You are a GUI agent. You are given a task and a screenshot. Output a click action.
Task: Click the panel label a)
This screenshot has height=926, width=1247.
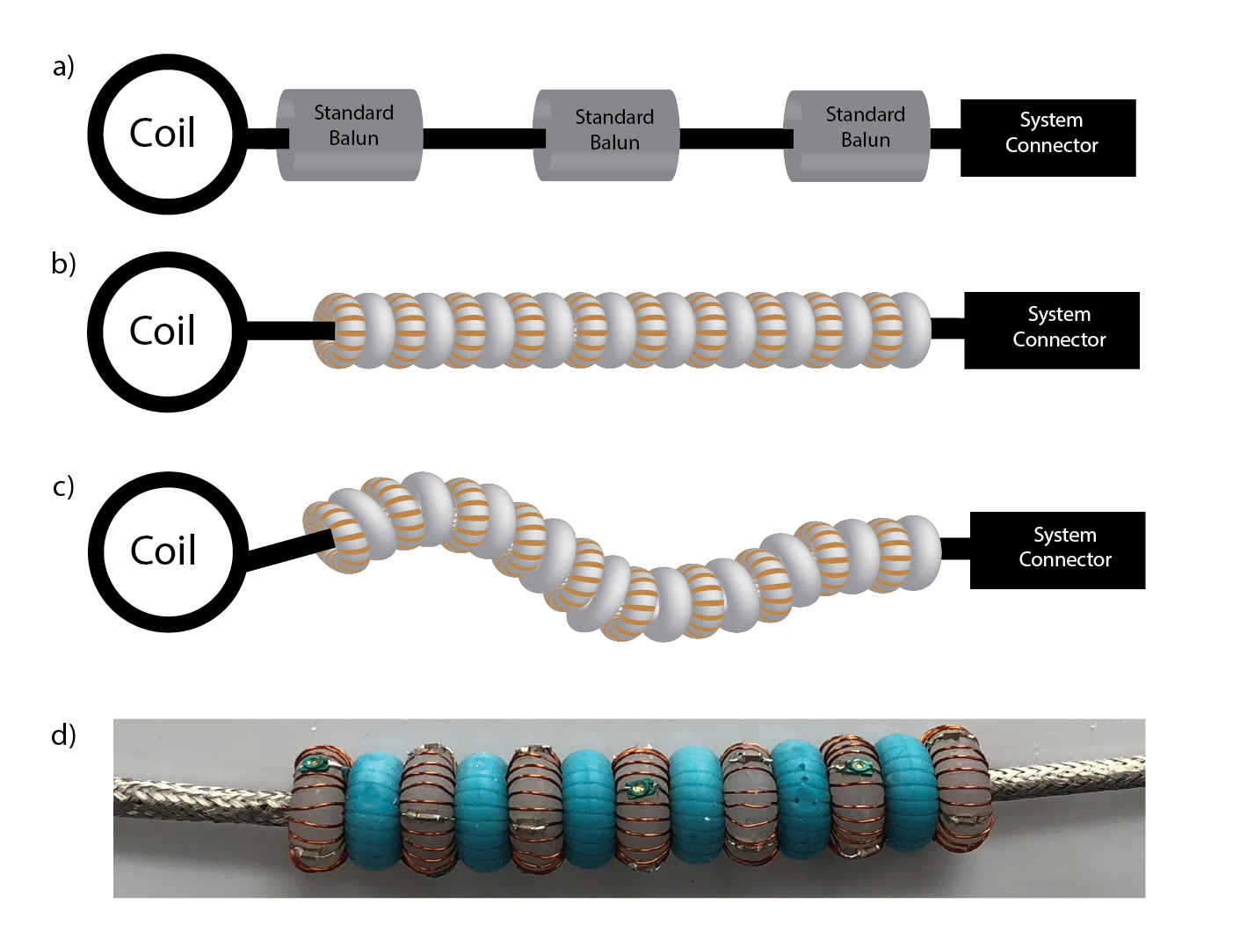tap(63, 67)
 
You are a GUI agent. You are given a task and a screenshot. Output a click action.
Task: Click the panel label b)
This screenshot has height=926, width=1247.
tap(63, 264)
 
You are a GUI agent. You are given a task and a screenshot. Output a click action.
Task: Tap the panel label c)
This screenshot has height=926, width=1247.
tap(63, 486)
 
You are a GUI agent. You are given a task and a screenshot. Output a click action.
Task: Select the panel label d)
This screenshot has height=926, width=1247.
tap(63, 734)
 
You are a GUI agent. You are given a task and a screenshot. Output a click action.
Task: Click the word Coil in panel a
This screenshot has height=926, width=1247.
tap(163, 134)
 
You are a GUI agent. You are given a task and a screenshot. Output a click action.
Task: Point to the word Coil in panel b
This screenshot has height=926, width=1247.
tap(163, 332)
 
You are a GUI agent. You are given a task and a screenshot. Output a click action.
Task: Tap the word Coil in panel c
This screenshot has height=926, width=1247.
tap(163, 551)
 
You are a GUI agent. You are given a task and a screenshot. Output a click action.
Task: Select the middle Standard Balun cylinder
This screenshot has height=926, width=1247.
tap(606, 135)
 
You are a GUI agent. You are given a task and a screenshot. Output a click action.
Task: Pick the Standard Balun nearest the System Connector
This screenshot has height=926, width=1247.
tap(857, 135)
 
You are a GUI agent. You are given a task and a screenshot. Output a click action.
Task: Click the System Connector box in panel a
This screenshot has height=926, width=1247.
tap(1048, 138)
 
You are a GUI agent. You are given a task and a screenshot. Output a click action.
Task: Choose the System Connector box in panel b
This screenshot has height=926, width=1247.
tap(1052, 331)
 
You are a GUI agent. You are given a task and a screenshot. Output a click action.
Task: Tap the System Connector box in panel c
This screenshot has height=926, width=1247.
tap(1057, 550)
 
